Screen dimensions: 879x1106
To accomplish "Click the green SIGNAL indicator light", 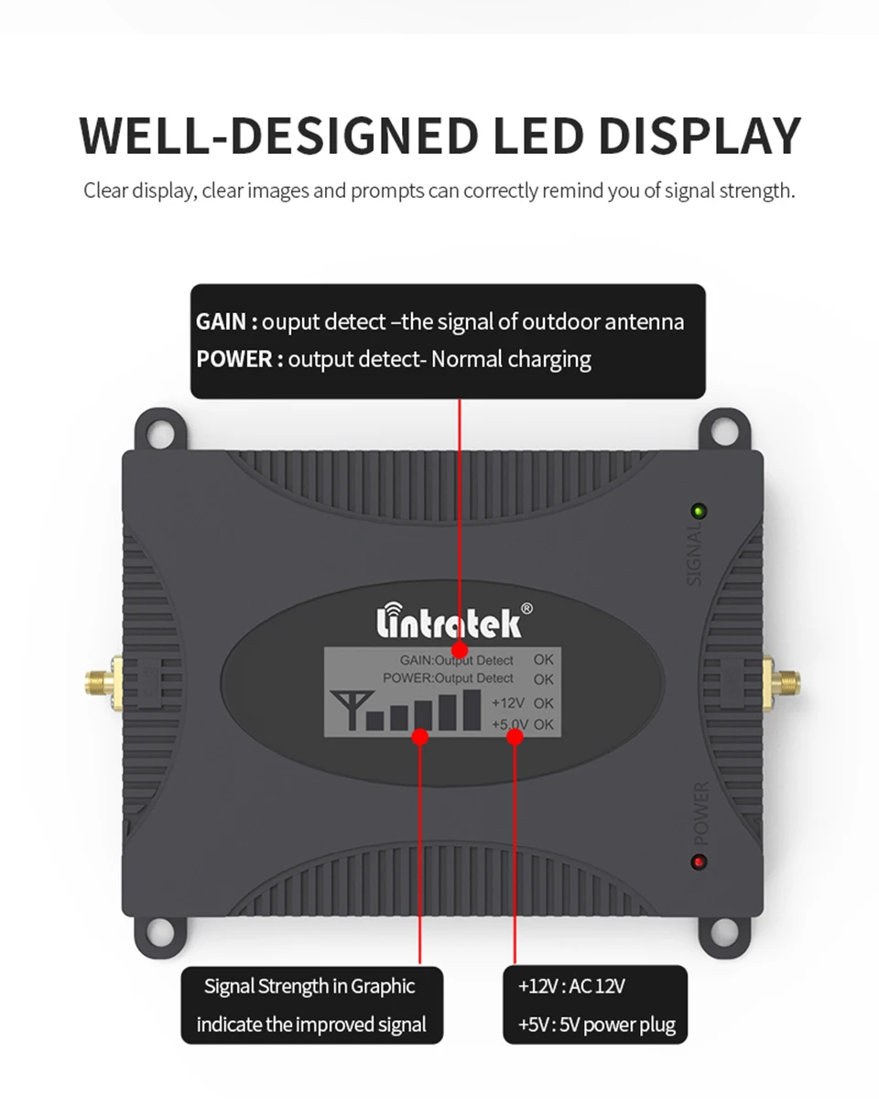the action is point(699,510).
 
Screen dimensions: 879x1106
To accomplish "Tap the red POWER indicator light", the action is point(700,862).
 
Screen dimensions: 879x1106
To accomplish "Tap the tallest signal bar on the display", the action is point(472,710).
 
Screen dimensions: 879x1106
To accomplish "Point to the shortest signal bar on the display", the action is point(374,720).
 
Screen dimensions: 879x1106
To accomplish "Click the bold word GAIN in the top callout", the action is point(221,321).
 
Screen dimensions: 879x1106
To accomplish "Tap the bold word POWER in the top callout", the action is point(233,358).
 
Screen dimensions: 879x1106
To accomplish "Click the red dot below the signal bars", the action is point(420,735).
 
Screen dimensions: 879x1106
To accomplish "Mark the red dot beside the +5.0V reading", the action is point(515,735).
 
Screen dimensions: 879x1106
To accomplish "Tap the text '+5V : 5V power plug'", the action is point(596,1024).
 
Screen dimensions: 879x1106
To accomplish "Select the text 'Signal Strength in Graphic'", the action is point(309,986).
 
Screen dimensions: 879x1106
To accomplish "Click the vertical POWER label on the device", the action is point(701,812).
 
